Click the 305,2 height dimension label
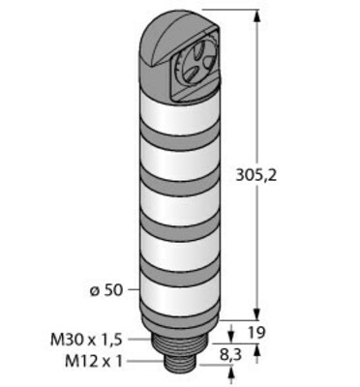click(x=256, y=175)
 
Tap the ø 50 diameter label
click(x=106, y=290)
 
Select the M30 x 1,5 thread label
click(x=86, y=340)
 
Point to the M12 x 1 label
click(x=94, y=362)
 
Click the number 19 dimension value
click(x=256, y=332)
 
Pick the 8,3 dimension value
click(x=231, y=355)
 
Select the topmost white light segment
click(x=180, y=115)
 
